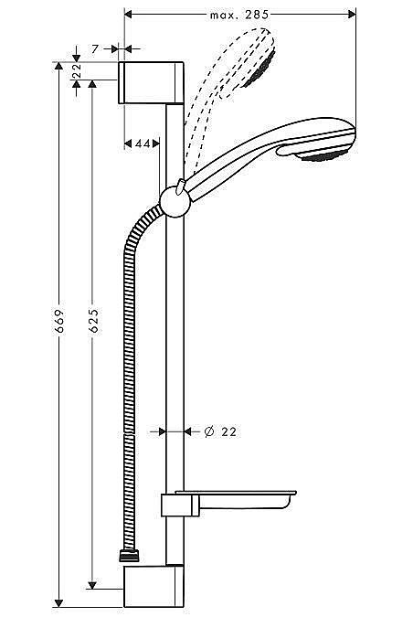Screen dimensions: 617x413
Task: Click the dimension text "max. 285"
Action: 239,16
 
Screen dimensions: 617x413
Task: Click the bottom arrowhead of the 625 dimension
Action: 92,581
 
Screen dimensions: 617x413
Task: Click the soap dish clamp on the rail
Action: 174,505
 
